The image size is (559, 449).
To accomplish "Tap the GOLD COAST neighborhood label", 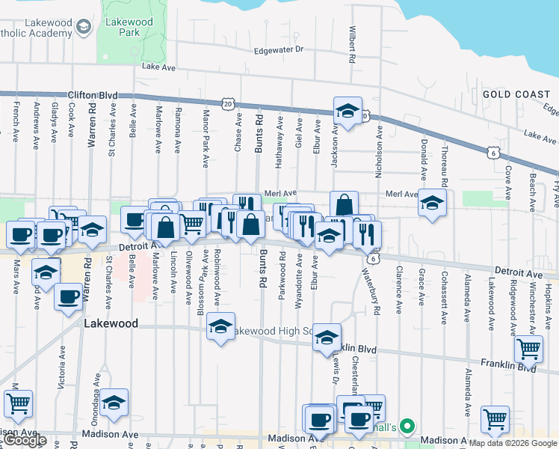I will click(517, 94).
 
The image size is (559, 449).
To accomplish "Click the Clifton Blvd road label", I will click(93, 95).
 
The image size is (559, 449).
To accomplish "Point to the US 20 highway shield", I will click(227, 103).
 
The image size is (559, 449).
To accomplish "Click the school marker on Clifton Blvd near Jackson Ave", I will click(348, 111).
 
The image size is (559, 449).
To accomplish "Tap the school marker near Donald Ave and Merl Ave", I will click(432, 203).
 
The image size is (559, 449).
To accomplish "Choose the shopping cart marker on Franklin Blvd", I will click(529, 348).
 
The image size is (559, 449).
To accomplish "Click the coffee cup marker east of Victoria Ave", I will click(69, 296).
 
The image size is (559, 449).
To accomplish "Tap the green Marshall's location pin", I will click(407, 427).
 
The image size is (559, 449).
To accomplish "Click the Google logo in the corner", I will click(25, 440).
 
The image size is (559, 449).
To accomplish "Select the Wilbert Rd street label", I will click(350, 45).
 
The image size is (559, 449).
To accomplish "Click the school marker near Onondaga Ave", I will click(114, 403).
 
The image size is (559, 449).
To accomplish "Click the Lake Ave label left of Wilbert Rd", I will click(158, 67).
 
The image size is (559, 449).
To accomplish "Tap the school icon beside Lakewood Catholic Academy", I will click(82, 28).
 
